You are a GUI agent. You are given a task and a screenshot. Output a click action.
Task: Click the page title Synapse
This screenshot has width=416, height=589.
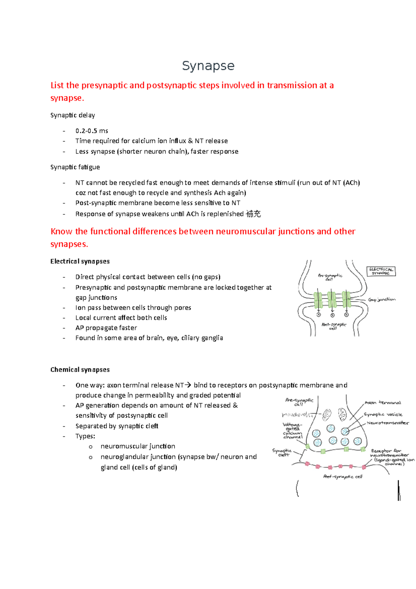208,66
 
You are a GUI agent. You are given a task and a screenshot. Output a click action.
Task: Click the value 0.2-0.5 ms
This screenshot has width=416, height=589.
92,131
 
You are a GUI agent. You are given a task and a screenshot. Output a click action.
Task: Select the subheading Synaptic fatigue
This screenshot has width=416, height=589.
75,167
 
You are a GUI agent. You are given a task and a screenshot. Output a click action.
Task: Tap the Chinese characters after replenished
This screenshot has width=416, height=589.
253,214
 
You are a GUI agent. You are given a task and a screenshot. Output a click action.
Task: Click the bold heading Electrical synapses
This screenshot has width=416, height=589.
80,261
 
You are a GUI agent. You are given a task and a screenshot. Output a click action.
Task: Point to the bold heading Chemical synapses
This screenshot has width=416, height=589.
80,369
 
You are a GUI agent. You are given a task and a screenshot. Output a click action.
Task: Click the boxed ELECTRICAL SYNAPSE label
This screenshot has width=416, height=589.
381,271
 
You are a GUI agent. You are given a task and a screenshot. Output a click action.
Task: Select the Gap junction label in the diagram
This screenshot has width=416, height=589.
381,299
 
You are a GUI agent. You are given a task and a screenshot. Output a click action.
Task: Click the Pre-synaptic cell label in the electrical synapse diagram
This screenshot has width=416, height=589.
330,277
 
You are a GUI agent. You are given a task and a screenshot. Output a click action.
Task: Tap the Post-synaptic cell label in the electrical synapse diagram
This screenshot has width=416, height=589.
334,326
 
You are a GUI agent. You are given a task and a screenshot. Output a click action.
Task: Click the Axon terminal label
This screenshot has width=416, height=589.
383,403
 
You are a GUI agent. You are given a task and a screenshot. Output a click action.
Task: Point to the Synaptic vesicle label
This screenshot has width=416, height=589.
383,415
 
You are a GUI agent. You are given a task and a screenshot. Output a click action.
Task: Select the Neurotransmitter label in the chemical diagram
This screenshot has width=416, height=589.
388,423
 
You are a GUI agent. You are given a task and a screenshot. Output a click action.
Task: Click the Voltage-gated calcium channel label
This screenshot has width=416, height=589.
293,430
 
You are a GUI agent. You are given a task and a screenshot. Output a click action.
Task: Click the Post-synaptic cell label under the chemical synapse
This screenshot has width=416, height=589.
343,477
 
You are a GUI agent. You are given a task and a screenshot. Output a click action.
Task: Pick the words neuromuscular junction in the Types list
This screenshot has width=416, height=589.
138,446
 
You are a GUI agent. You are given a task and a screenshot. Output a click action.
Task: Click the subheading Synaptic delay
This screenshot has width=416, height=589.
72,115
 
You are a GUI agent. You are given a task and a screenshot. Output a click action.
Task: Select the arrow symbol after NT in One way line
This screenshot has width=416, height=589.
188,385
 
